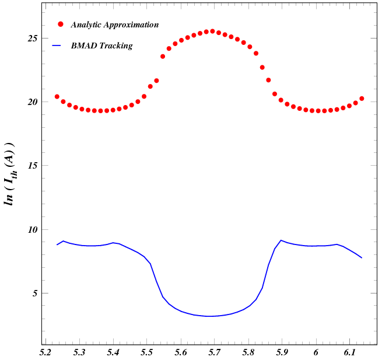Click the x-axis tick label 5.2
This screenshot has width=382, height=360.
pos(45,352)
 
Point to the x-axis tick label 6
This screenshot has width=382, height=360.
pos(316,352)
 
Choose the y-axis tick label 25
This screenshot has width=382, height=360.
pos(33,39)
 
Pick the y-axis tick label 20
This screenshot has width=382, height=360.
pos(33,102)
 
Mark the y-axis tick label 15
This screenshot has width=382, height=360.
pos(33,166)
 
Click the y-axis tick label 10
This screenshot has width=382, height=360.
pos(33,230)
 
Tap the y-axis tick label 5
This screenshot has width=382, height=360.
pos(35,293)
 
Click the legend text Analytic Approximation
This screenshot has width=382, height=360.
pos(114,25)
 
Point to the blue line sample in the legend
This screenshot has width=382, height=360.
pos(57,45)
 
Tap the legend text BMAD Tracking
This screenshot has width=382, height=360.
pos(101,46)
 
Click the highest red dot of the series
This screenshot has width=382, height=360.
pos(212,31)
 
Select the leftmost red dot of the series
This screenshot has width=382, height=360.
pos(57,97)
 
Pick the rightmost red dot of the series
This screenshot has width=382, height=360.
pos(362,99)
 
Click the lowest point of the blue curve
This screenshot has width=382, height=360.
pos(211,316)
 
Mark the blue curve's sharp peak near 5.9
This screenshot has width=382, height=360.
pos(282,240)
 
